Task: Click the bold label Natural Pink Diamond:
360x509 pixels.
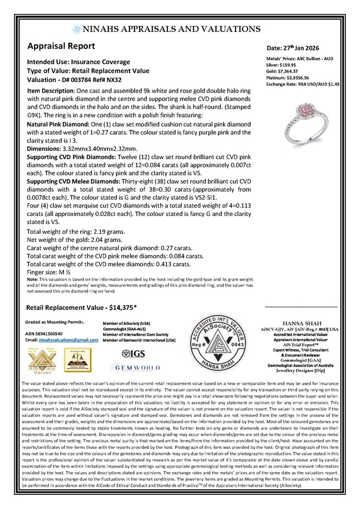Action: [x=57, y=123]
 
